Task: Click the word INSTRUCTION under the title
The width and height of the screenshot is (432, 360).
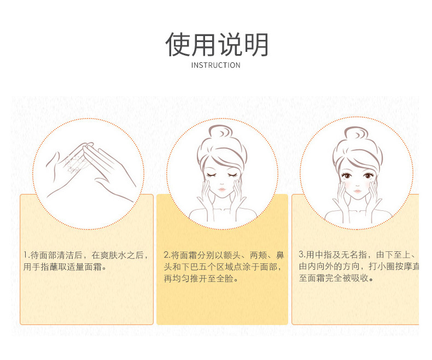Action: pyautogui.click(x=215, y=65)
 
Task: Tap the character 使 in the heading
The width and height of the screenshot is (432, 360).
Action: pyautogui.click(x=178, y=44)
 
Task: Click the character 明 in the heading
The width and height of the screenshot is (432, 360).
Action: pyautogui.click(x=256, y=44)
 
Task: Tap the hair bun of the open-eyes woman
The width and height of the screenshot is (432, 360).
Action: pyautogui.click(x=356, y=133)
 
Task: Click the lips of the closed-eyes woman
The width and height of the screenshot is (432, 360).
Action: pyautogui.click(x=222, y=190)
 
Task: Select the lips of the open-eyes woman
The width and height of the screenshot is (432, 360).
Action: pyautogui.click(x=357, y=191)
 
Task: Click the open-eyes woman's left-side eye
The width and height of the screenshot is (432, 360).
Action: pyautogui.click(x=346, y=176)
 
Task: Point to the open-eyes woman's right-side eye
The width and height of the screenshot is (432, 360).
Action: pyautogui.click(x=369, y=175)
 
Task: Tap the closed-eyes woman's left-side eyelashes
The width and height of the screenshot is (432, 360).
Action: pyautogui.click(x=212, y=175)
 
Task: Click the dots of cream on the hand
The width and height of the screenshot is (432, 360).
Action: pyautogui.click(x=74, y=163)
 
